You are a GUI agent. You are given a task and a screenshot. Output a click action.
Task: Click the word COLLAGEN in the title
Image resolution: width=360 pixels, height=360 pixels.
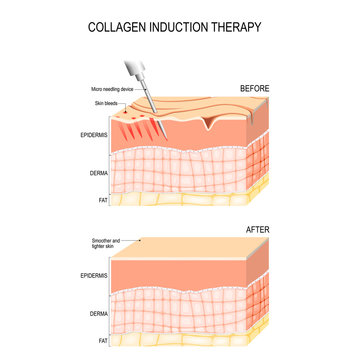tap(119, 27)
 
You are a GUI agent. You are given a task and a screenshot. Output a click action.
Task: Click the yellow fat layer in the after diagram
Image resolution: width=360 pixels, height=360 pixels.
tap(190, 341)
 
